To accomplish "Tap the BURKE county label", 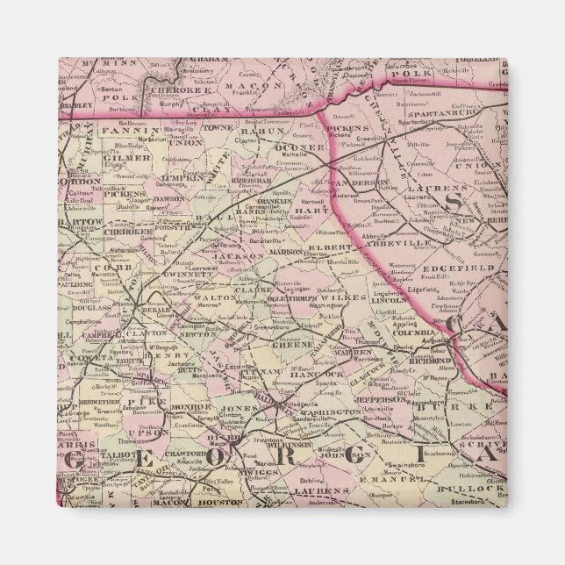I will point(436,407).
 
